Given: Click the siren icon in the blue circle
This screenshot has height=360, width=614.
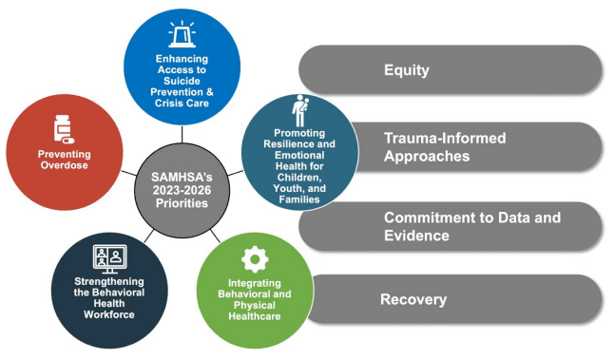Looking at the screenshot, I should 181,36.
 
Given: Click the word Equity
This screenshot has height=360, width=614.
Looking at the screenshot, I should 407,69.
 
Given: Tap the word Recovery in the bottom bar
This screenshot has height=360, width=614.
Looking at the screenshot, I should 413,300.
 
